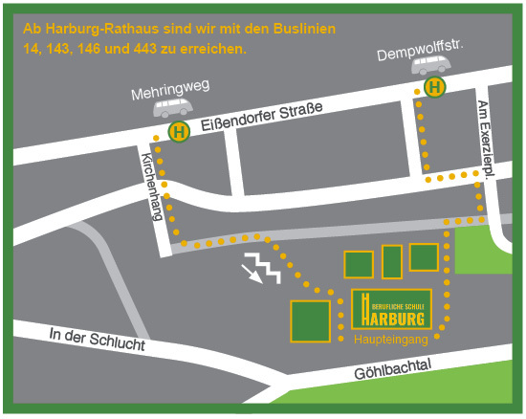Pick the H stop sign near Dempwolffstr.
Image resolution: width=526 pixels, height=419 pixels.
coord(435,88)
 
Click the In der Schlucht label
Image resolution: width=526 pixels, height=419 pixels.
coord(96,338)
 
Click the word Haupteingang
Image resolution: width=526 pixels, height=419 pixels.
coord(390,340)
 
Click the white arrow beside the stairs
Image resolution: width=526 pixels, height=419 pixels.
coord(254,276)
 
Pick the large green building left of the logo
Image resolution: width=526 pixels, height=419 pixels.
coord(310,320)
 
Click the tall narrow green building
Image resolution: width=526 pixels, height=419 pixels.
coord(392,261)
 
